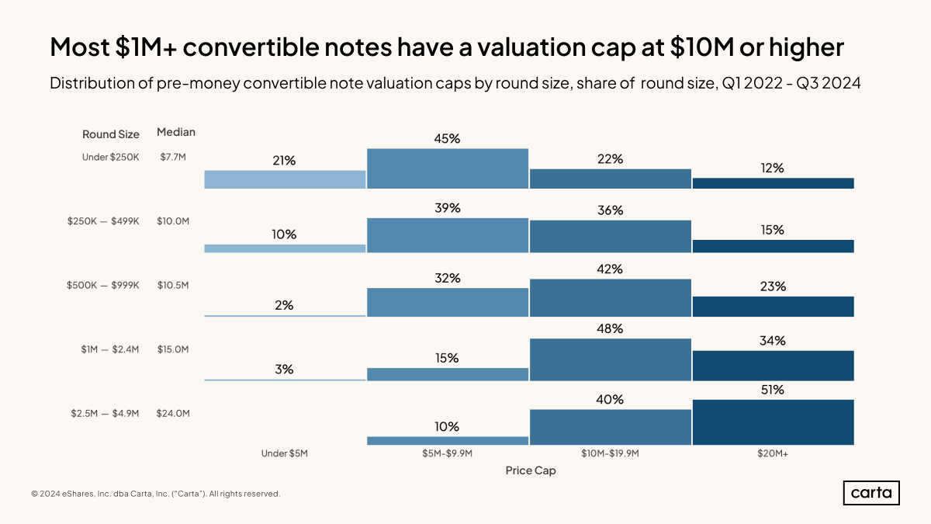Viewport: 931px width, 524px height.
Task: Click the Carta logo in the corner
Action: click(871, 493)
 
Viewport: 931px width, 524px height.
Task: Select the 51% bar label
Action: click(773, 390)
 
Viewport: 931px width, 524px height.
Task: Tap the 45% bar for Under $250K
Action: click(448, 168)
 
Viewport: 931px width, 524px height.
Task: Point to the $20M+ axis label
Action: click(773, 453)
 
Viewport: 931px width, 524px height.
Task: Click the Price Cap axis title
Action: click(531, 470)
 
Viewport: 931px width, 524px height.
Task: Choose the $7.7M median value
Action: click(173, 157)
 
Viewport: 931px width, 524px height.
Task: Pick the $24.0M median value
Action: click(173, 414)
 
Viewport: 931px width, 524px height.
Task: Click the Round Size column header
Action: click(111, 134)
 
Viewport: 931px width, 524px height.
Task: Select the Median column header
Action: click(176, 132)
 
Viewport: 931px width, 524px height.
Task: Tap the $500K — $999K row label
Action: click(102, 285)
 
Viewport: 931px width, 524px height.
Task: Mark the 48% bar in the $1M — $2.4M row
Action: click(610, 359)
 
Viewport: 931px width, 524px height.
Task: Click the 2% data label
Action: click(284, 305)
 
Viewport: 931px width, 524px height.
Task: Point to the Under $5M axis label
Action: click(285, 453)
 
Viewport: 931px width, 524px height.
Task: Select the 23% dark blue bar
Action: click(773, 307)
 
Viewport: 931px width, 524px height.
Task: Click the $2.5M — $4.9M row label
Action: click(102, 414)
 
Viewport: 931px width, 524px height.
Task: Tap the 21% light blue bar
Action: click(285, 179)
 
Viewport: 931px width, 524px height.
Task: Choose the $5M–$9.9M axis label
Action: click(448, 453)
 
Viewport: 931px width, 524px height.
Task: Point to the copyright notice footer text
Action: click(155, 494)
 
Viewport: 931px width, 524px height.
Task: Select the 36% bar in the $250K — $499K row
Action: click(610, 236)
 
